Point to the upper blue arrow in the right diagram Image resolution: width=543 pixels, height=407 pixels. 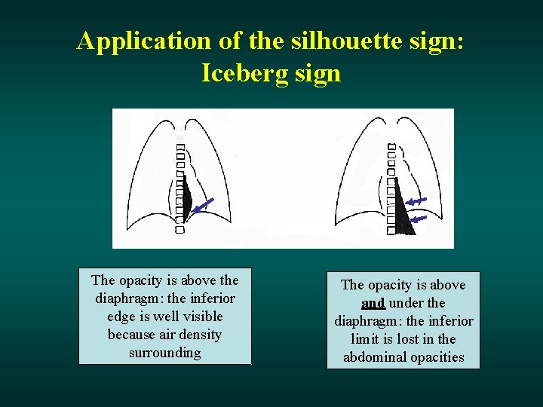(x=416, y=201)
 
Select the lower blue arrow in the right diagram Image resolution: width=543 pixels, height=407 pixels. (x=419, y=219)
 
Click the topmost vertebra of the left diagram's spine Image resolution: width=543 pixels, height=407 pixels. (x=180, y=145)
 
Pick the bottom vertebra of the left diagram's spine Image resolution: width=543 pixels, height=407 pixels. (x=179, y=229)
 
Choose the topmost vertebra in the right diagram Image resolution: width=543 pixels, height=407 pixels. (x=391, y=145)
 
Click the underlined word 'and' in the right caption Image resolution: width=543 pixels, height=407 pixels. (x=373, y=303)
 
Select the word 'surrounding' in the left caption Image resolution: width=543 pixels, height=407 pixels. (x=164, y=353)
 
